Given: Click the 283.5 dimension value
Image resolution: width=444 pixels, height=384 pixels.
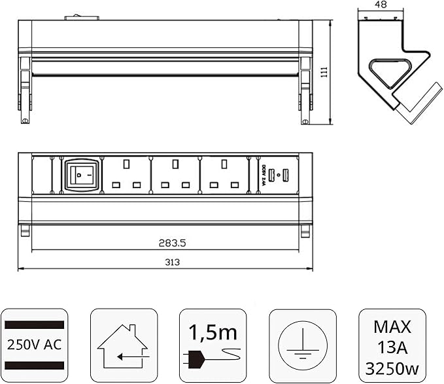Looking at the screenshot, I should pyautogui.click(x=173, y=242).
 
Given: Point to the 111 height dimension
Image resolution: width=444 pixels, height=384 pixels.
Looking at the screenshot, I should pyautogui.click(x=323, y=73).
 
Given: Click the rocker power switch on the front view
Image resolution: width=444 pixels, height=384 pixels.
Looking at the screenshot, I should pyautogui.click(x=82, y=174).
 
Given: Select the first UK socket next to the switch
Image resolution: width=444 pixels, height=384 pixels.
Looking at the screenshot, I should pyautogui.click(x=127, y=174).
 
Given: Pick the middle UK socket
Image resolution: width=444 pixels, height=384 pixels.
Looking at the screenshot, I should pyautogui.click(x=175, y=174).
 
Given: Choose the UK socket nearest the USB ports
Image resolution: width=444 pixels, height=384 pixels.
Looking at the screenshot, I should pyautogui.click(x=224, y=174).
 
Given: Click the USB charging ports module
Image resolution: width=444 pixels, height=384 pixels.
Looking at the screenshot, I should pyautogui.click(x=278, y=175).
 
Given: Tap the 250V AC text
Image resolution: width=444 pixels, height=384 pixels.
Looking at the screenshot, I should pyautogui.click(x=34, y=344).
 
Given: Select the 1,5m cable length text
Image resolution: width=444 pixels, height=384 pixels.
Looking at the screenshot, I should pyautogui.click(x=213, y=332).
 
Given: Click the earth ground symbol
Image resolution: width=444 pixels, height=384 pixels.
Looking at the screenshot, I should pyautogui.click(x=301, y=343).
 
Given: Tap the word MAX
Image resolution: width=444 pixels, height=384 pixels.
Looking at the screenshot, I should pyautogui.click(x=392, y=325).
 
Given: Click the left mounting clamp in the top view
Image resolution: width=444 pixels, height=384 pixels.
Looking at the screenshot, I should pyautogui.click(x=25, y=88).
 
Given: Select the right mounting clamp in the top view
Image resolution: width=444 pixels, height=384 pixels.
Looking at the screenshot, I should pyautogui.click(x=306, y=88).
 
